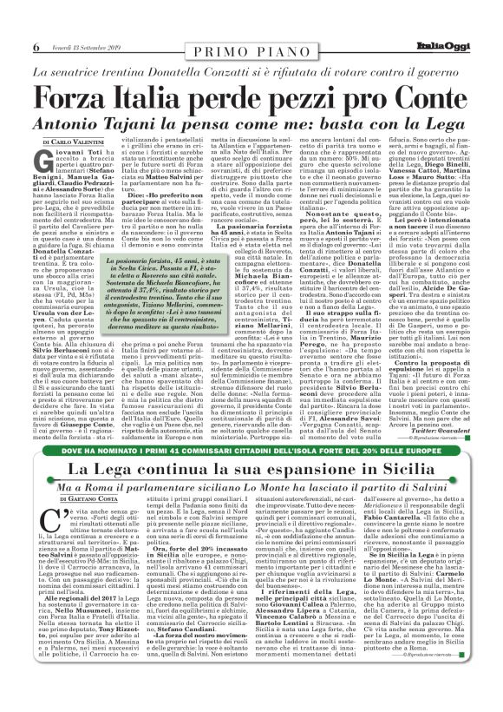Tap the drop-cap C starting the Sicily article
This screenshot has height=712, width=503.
click(45, 524)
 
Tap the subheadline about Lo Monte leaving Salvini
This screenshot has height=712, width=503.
click(251, 489)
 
